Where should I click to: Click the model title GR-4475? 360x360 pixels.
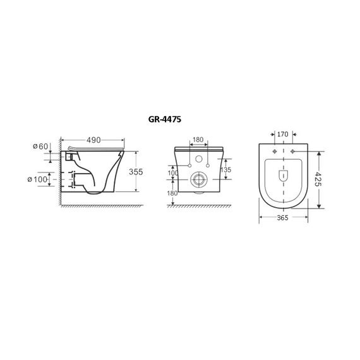point(165,119)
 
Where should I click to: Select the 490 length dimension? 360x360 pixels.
point(93,140)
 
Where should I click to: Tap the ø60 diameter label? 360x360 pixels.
point(40,147)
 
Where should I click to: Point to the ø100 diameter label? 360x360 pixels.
point(37,179)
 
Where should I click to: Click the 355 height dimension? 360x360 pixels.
point(136,172)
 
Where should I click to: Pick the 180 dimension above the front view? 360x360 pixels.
point(198,140)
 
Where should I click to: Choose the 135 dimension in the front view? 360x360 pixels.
point(225,170)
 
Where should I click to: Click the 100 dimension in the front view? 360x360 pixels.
point(173,173)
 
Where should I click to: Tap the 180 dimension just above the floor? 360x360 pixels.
point(172,193)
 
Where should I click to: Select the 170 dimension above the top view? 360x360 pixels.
point(282,134)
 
